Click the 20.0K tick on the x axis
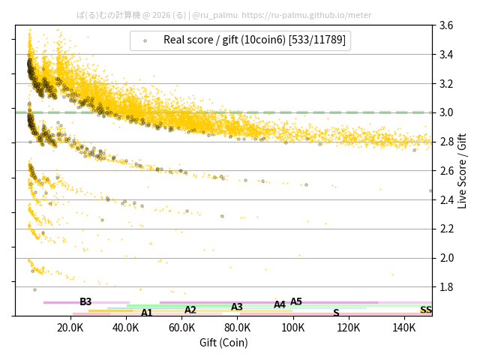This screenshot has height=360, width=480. (x=70, y=328)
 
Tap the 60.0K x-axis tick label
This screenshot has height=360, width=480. (x=181, y=328)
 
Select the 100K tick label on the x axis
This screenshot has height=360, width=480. (x=293, y=328)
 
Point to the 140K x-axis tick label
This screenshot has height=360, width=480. (x=404, y=328)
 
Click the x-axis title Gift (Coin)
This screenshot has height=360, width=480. (x=223, y=343)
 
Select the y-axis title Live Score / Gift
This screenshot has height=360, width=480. (x=462, y=170)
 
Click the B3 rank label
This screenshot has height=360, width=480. (x=85, y=302)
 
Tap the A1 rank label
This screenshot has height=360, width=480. (x=147, y=313)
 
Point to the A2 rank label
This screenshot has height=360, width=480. (x=190, y=310)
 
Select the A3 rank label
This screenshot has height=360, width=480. (x=237, y=307)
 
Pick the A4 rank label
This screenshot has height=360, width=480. (x=280, y=304)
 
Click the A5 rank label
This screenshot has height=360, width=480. (x=296, y=301)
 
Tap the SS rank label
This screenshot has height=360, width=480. (x=426, y=310)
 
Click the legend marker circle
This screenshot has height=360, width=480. (x=145, y=40)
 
